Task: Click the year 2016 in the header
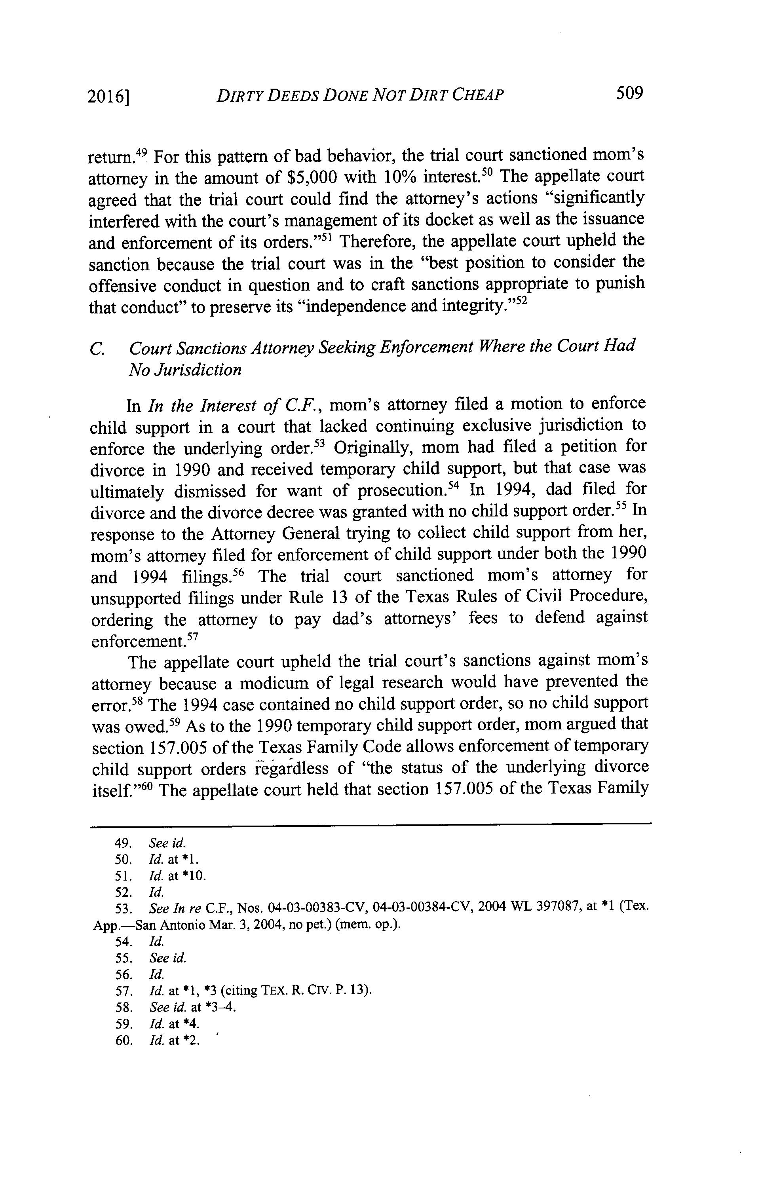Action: (x=108, y=96)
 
